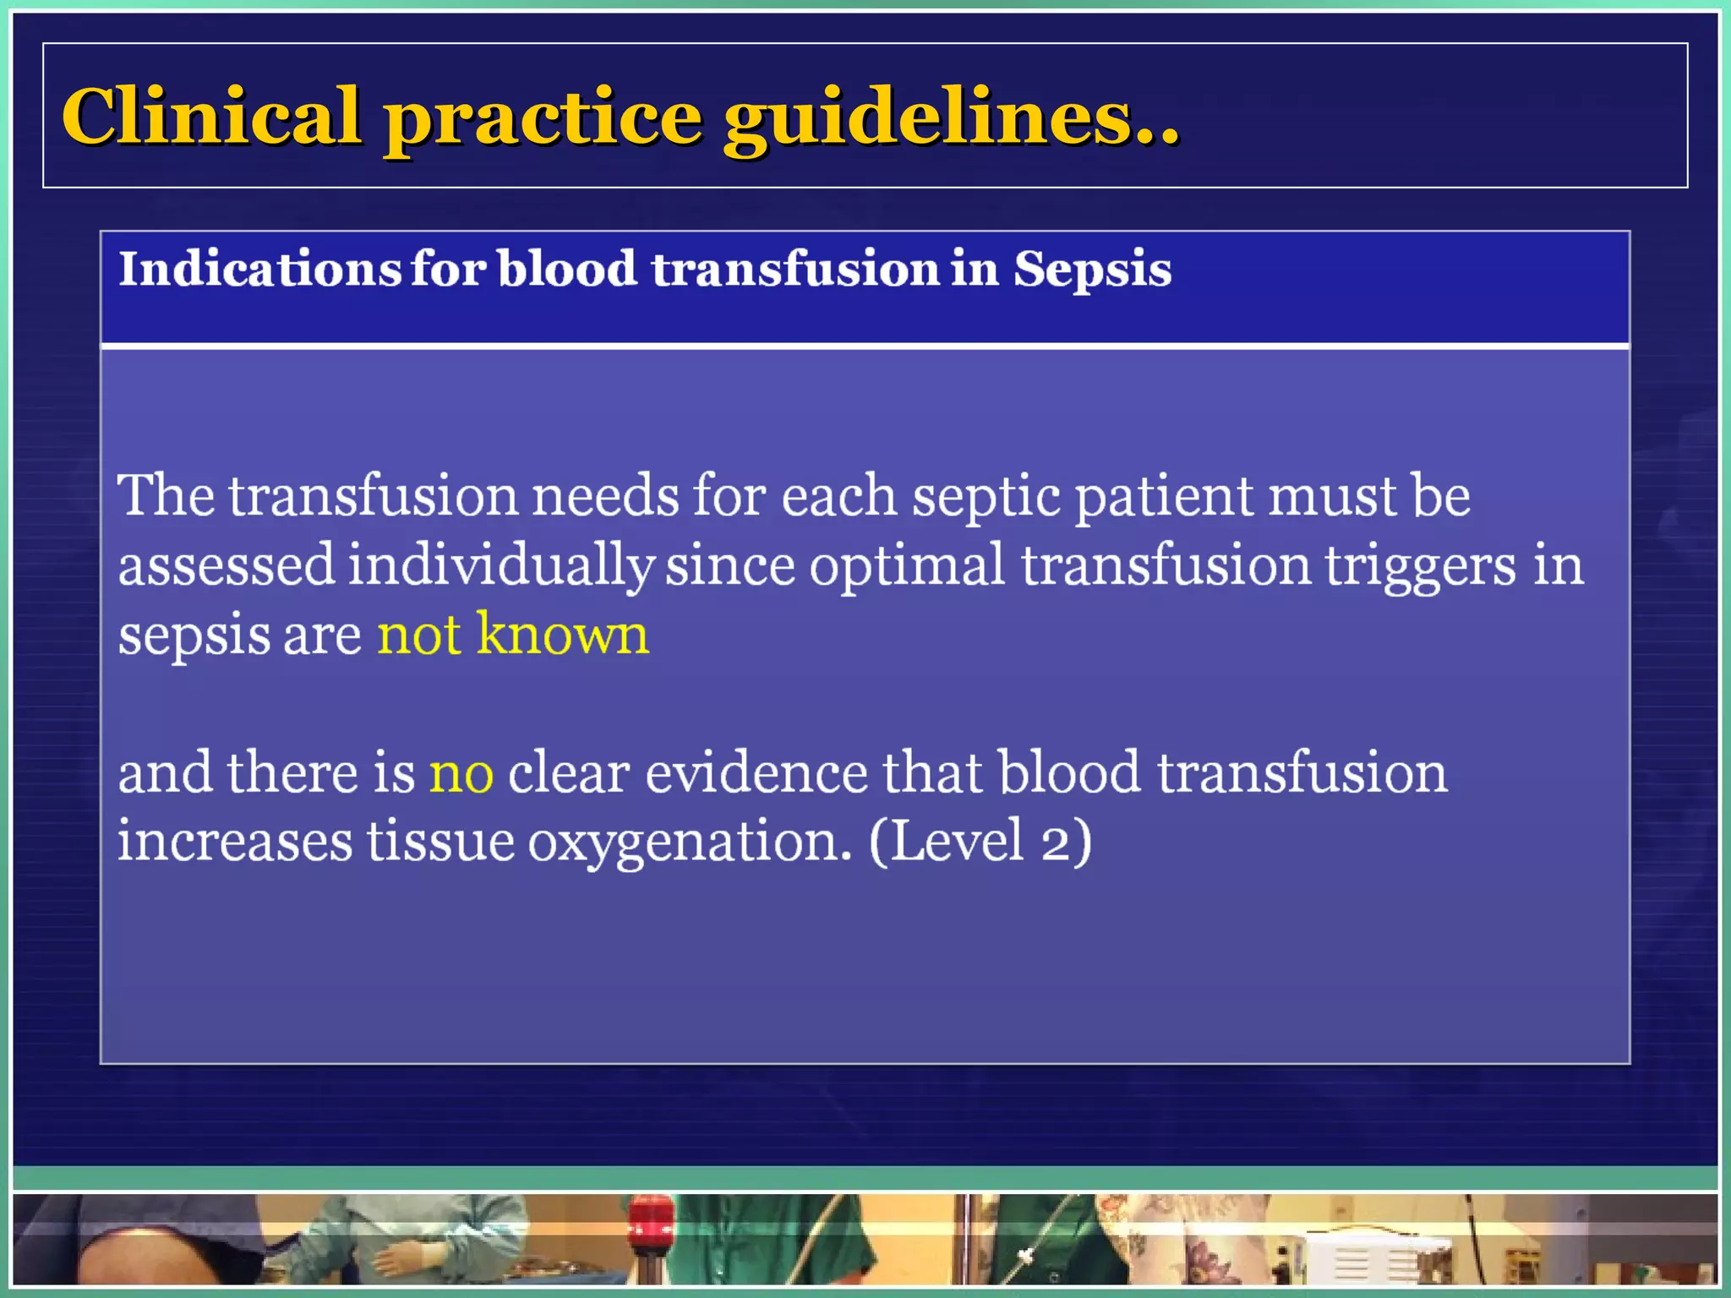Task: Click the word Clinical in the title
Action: pyautogui.click(x=211, y=116)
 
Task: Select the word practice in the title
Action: pyautogui.click(x=543, y=118)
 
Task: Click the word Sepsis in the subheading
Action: pyautogui.click(x=1092, y=270)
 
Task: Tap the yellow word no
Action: pyautogui.click(x=461, y=773)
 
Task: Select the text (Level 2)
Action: pyautogui.click(x=980, y=842)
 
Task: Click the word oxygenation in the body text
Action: pyautogui.click(x=690, y=843)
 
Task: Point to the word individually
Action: pyautogui.click(x=500, y=565)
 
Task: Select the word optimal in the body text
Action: pyautogui.click(x=907, y=565)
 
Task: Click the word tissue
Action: pyautogui.click(x=440, y=842)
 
